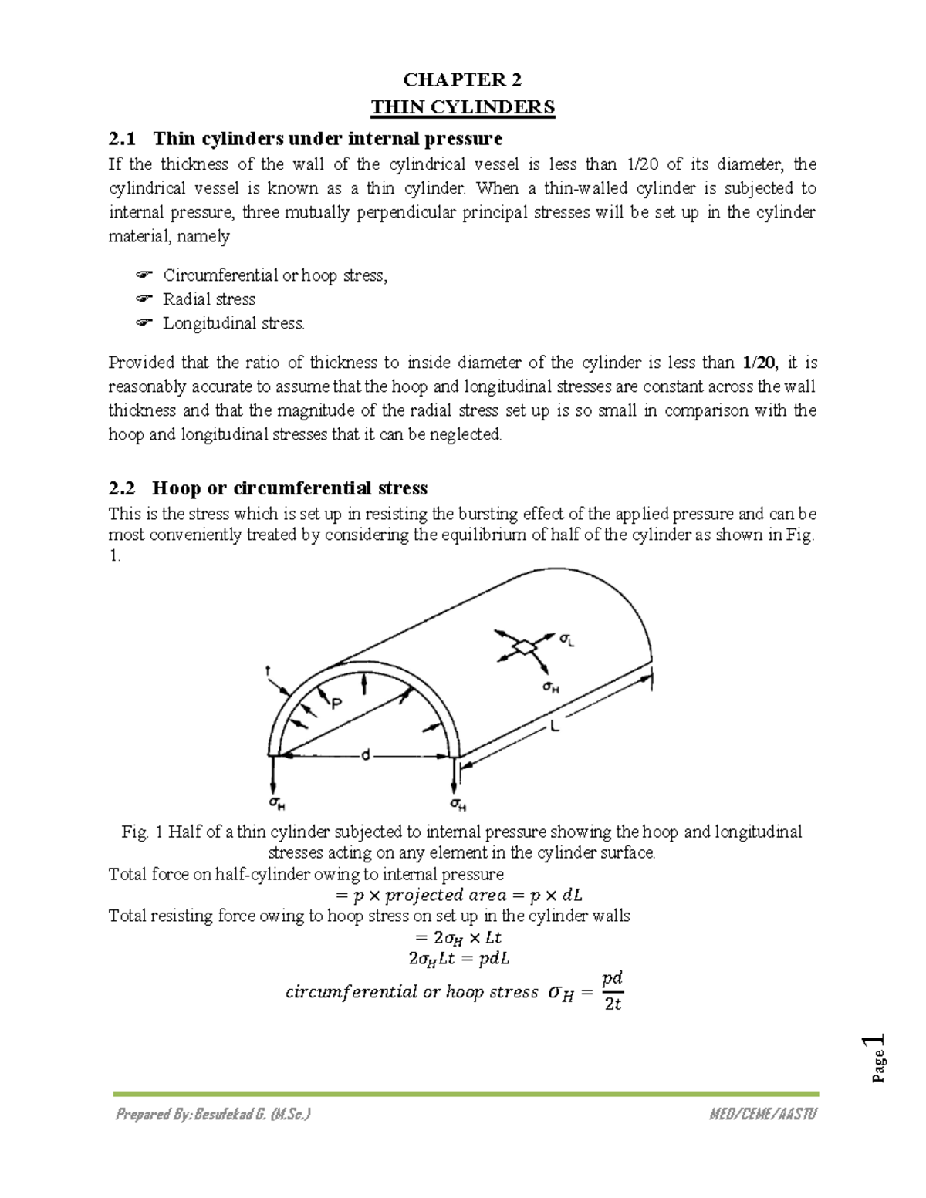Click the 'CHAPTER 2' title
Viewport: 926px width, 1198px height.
pyautogui.click(x=463, y=80)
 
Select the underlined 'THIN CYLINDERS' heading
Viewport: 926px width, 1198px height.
pyautogui.click(x=463, y=106)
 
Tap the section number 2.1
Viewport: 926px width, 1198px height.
pyautogui.click(x=122, y=139)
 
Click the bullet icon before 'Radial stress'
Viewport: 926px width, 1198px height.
pyautogui.click(x=143, y=299)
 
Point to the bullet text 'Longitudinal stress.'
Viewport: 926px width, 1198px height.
pyautogui.click(x=234, y=323)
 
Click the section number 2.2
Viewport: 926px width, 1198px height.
pyautogui.click(x=122, y=488)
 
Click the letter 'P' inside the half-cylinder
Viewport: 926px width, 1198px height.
pyautogui.click(x=336, y=704)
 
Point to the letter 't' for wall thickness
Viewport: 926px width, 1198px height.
pyautogui.click(x=268, y=671)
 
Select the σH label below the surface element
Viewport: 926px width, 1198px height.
pyautogui.click(x=550, y=686)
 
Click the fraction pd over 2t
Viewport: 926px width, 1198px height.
pyautogui.click(x=613, y=991)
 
